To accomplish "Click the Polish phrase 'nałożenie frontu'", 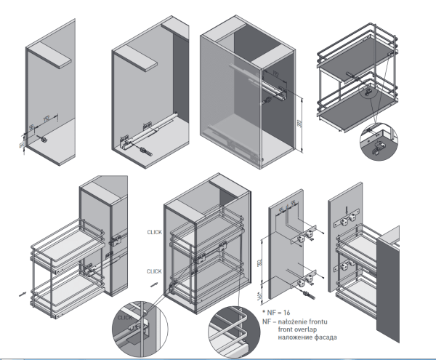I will click(302, 320).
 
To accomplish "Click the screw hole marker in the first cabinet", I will click(45, 140).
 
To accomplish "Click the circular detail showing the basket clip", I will click(379, 144).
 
